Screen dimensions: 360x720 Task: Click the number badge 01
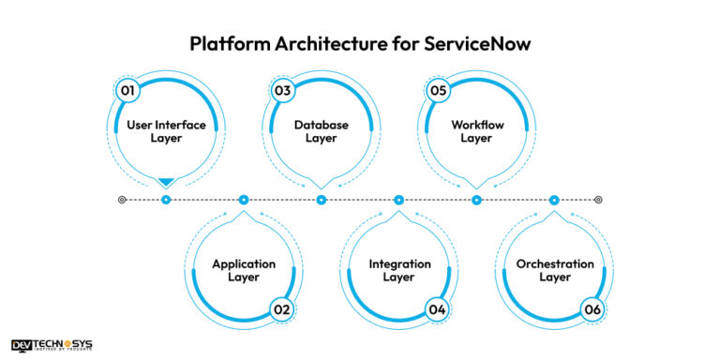[x=127, y=91]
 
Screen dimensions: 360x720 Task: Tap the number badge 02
[x=282, y=309]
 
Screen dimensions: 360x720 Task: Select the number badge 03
[x=282, y=91]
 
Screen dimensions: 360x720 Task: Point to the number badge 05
[x=438, y=91]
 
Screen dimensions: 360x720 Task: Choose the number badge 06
[x=592, y=309]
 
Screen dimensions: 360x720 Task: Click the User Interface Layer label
[x=166, y=131]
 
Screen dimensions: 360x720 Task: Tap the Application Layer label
[x=244, y=270]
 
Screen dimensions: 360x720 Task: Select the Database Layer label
[x=321, y=131]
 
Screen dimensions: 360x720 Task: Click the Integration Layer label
[x=398, y=270]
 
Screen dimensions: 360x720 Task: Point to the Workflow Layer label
[x=476, y=131]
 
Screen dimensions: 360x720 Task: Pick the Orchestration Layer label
[x=554, y=270]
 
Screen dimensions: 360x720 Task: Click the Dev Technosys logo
[x=52, y=345]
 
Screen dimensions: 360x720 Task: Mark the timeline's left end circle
[x=122, y=200]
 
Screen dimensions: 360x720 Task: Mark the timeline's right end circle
[x=598, y=200]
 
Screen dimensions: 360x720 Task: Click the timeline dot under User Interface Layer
[x=166, y=200]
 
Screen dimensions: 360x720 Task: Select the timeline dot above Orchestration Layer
[x=554, y=200]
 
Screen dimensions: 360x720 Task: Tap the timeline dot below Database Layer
[x=321, y=200]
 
